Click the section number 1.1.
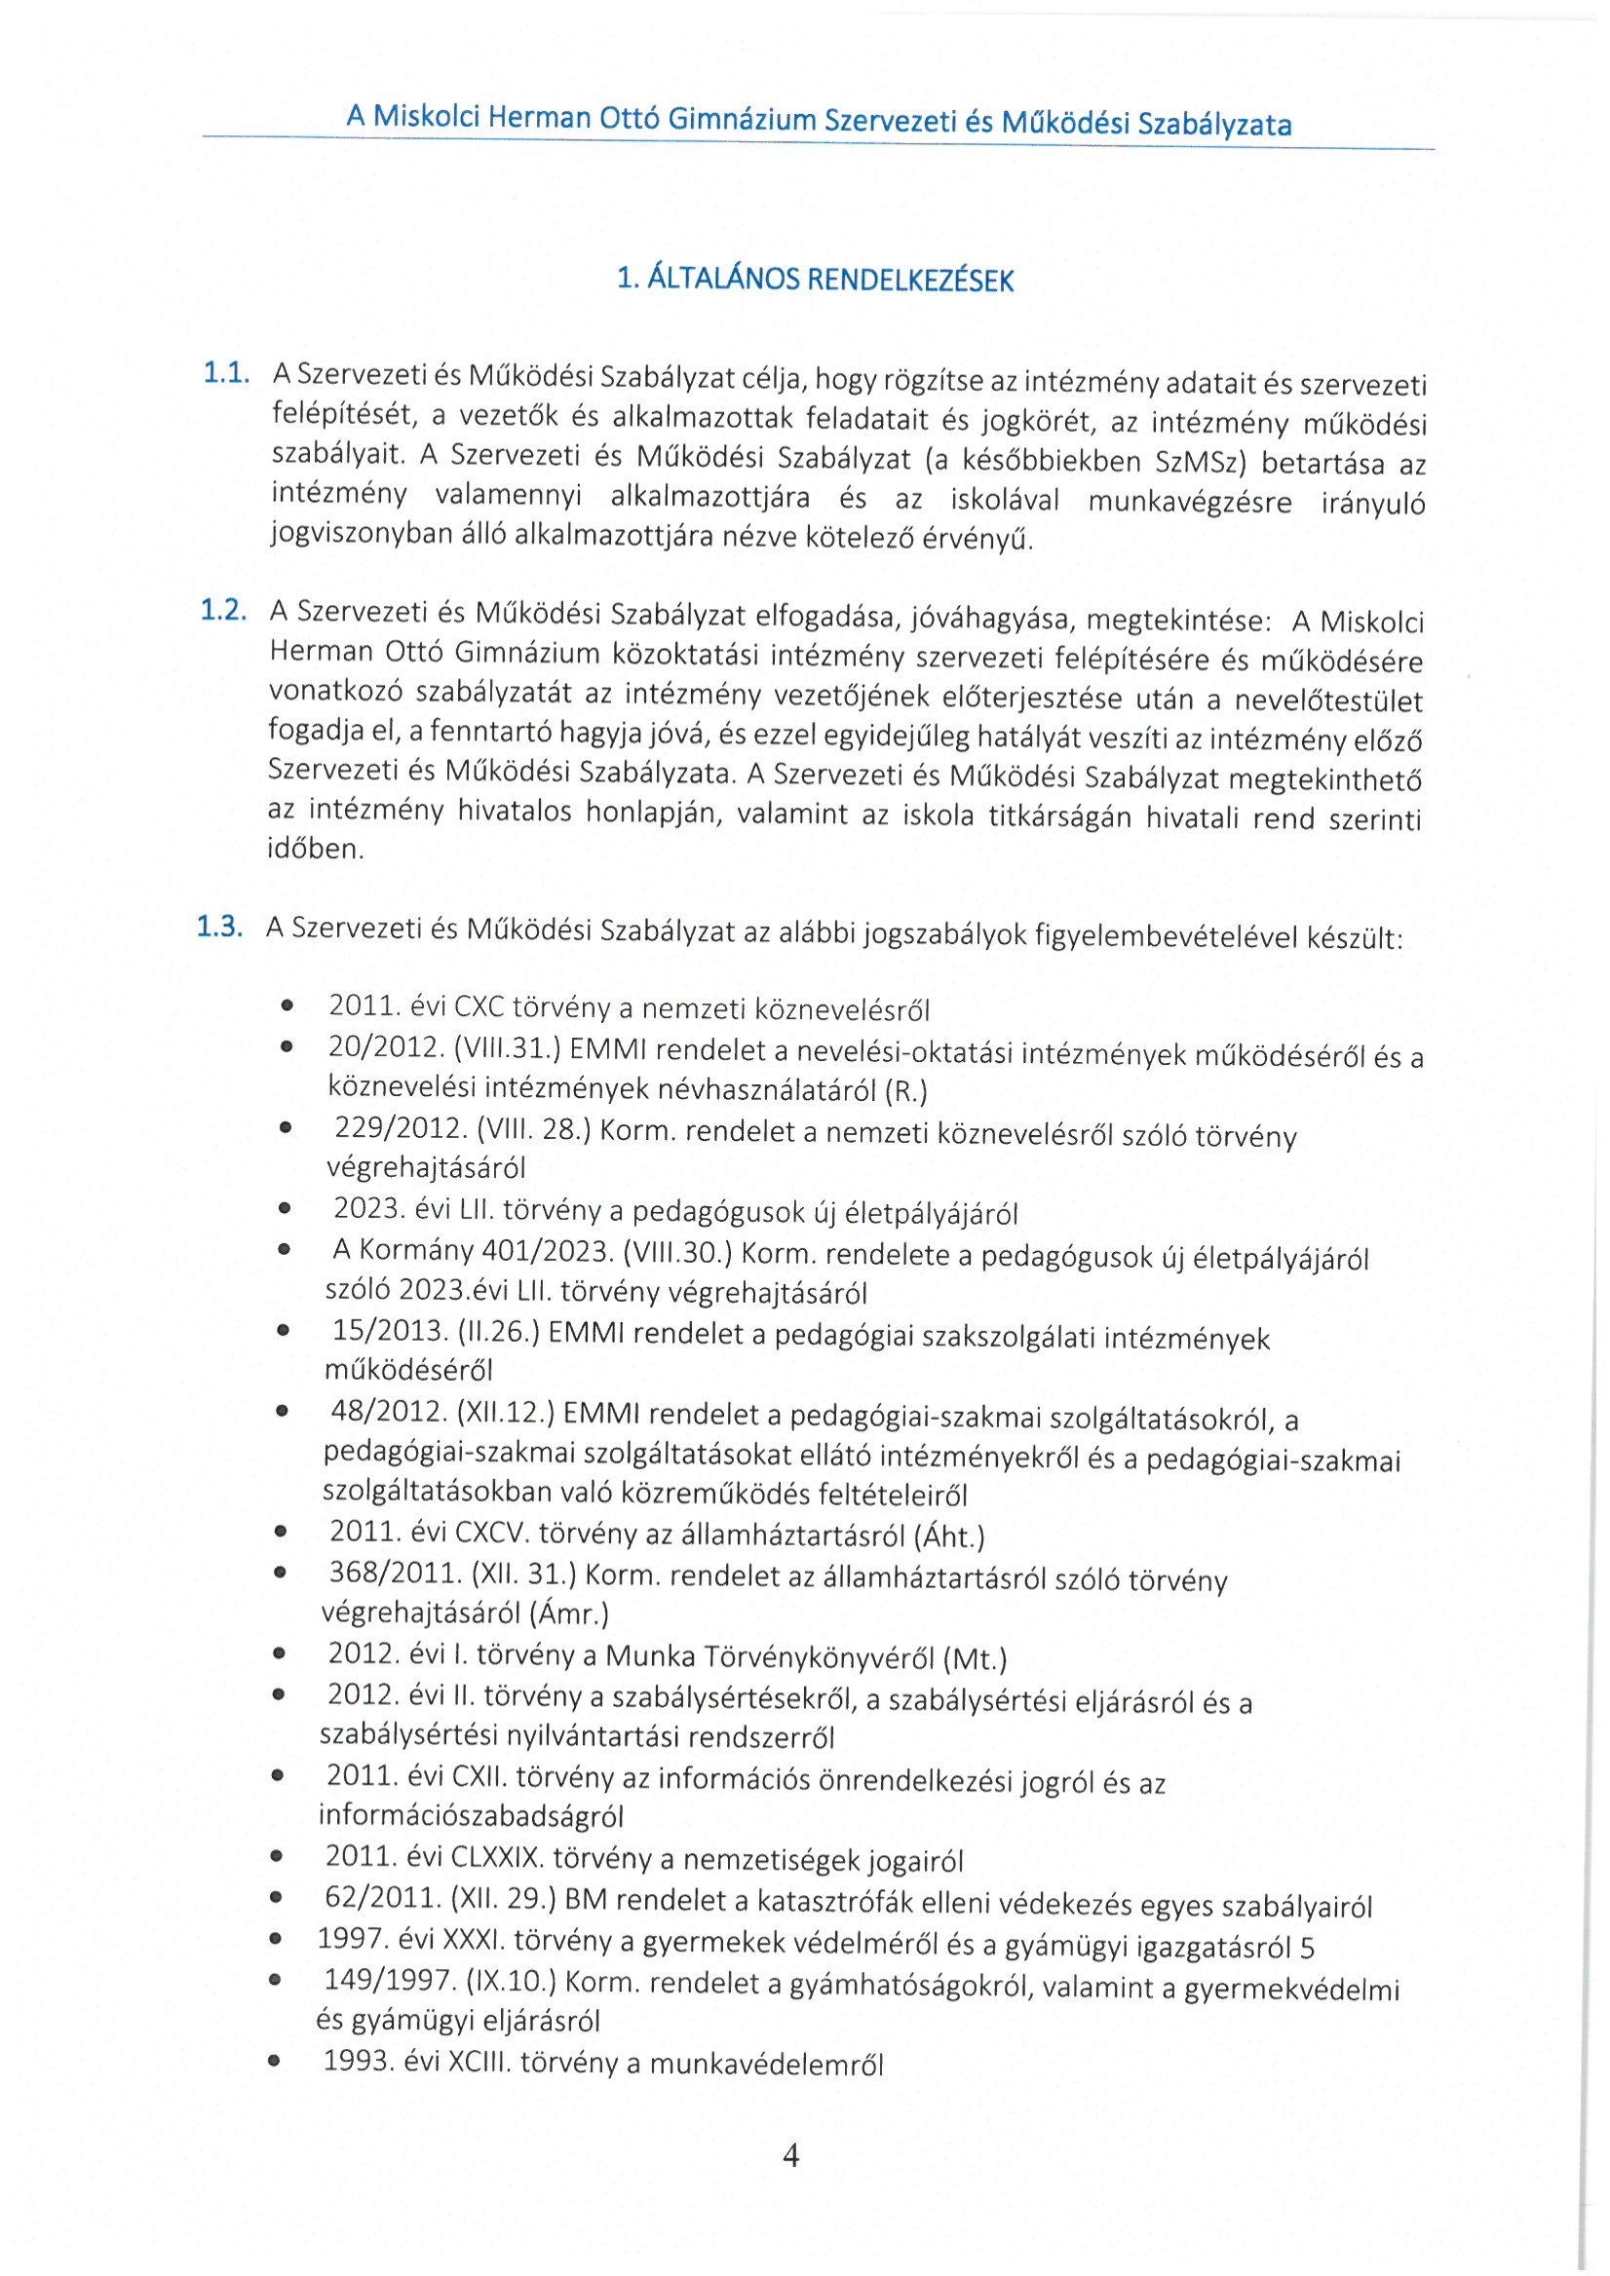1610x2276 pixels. pyautogui.click(x=226, y=374)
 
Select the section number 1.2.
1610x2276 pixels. pyautogui.click(x=223, y=611)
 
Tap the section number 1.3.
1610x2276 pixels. pyautogui.click(x=220, y=927)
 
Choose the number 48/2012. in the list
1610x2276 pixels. pyautogui.click(x=388, y=1413)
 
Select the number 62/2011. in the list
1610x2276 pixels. pyautogui.click(x=383, y=1897)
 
